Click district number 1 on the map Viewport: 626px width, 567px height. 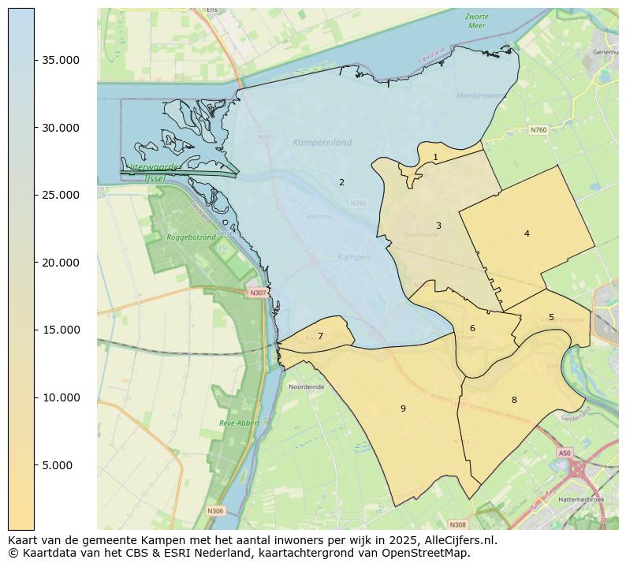pos(435,157)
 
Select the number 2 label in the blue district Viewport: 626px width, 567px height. pos(341,182)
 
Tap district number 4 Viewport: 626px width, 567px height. pos(527,233)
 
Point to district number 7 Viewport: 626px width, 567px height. pos(320,336)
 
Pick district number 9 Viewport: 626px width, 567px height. pos(403,408)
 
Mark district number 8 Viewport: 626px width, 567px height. pos(514,400)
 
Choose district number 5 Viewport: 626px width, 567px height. pos(551,317)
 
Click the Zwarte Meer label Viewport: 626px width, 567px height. pos(476,21)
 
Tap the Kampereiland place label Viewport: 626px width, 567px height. pos(322,143)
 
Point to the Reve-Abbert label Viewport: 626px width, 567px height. pos(239,423)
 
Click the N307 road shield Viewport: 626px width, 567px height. pos(258,293)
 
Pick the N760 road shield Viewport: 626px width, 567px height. pos(538,129)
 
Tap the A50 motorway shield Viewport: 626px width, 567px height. pos(564,453)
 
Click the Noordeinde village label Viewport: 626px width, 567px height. pos(307,387)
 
